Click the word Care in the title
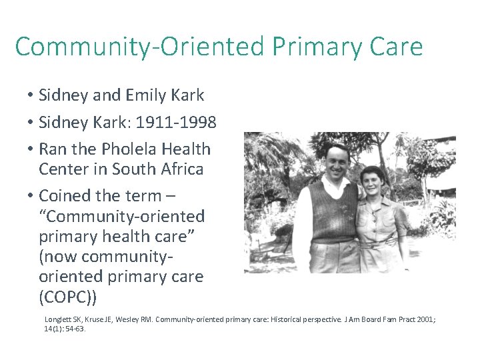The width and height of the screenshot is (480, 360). [394, 47]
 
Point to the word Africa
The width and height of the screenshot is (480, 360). [179, 169]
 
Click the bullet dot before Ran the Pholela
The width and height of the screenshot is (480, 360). [31, 149]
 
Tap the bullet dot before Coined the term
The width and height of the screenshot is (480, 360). [31, 196]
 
